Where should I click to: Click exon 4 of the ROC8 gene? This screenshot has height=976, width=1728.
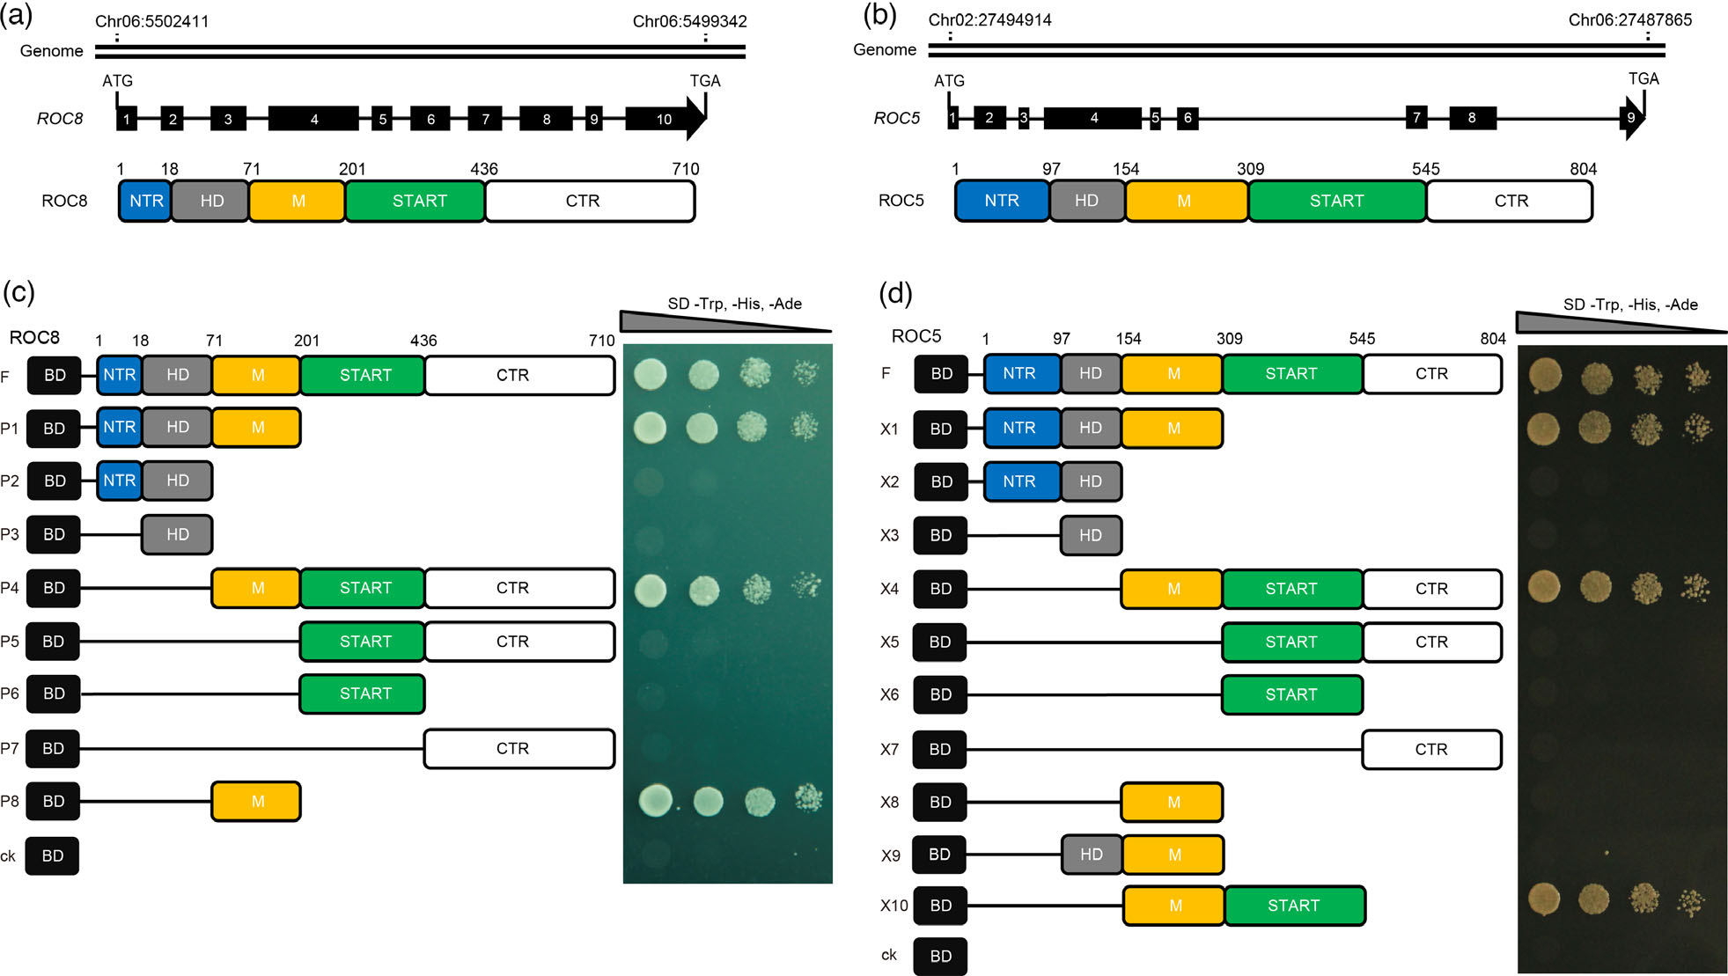[313, 119]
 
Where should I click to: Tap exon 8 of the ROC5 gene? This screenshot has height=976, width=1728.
[1473, 118]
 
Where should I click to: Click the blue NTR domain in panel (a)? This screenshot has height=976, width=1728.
[145, 201]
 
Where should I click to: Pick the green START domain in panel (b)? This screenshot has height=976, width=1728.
[1337, 201]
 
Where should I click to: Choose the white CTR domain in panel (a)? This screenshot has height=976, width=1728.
[590, 201]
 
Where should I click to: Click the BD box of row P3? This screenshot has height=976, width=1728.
[54, 534]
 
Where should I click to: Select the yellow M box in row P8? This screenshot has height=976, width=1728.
[256, 802]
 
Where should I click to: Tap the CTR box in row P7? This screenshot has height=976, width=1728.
[519, 749]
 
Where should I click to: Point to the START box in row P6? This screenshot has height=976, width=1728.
[363, 694]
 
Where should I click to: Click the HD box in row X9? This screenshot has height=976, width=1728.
[1092, 855]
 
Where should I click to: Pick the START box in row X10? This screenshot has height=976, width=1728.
[1295, 906]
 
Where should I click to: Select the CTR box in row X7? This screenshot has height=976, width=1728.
[1432, 750]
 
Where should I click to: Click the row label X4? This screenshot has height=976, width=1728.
[890, 589]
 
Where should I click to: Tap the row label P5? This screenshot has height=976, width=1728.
[10, 642]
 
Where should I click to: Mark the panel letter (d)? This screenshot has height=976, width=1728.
[895, 293]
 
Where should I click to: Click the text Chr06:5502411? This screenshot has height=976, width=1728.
[152, 21]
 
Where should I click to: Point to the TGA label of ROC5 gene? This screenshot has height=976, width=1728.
[1643, 78]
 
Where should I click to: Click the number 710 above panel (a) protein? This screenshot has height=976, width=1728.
[686, 169]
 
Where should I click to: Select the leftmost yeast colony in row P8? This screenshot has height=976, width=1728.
[655, 801]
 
